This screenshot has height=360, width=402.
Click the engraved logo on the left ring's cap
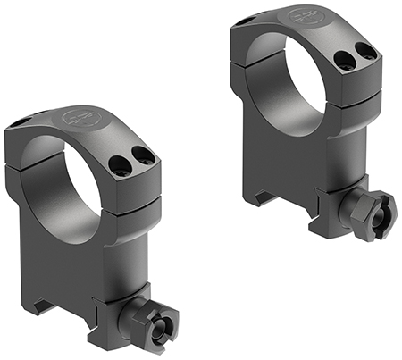(79, 117)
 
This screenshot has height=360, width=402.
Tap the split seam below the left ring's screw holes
(134, 193)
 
